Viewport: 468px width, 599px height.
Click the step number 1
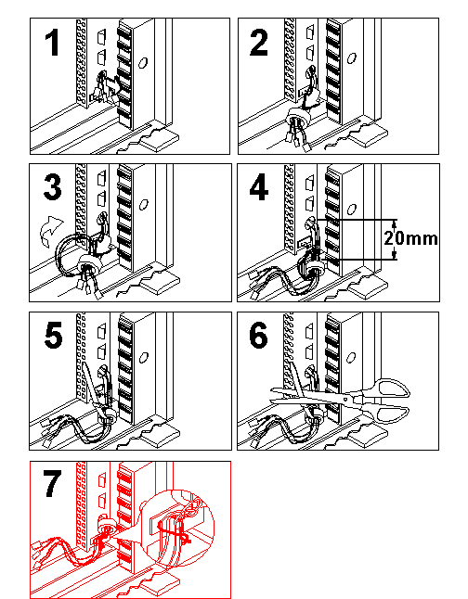pyautogui.click(x=52, y=43)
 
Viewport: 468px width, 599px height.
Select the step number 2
pyautogui.click(x=259, y=43)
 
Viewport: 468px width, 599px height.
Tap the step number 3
pyautogui.click(x=52, y=186)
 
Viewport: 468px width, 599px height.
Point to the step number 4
pyautogui.click(x=259, y=186)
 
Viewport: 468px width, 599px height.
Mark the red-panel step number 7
pyautogui.click(x=52, y=484)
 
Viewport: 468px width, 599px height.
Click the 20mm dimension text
pyautogui.click(x=410, y=238)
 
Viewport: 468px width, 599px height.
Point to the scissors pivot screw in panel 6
pyautogui.click(x=345, y=400)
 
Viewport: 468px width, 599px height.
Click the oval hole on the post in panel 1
pyautogui.click(x=143, y=63)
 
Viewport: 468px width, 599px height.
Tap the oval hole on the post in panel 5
pyautogui.click(x=143, y=358)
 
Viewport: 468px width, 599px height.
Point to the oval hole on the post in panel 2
pyautogui.click(x=351, y=58)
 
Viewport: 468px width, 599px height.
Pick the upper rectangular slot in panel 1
pyautogui.click(x=101, y=37)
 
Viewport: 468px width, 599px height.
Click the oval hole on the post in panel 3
pyautogui.click(x=143, y=205)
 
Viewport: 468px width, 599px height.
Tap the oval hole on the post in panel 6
pyautogui.click(x=351, y=358)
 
